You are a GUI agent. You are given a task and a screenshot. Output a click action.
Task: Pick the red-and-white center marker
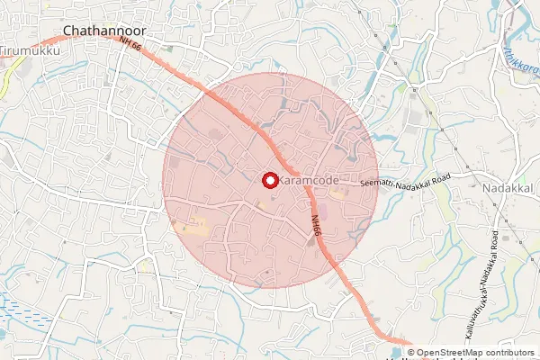click(269, 180)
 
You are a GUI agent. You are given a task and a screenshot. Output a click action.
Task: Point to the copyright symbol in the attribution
click(410, 353)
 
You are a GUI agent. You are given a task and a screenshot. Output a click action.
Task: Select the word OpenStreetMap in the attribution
click(451, 353)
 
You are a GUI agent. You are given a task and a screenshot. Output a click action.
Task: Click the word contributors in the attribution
click(511, 353)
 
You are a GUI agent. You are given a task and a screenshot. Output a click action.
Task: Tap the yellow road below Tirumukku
click(8, 81)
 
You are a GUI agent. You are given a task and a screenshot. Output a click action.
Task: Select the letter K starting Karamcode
click(283, 181)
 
